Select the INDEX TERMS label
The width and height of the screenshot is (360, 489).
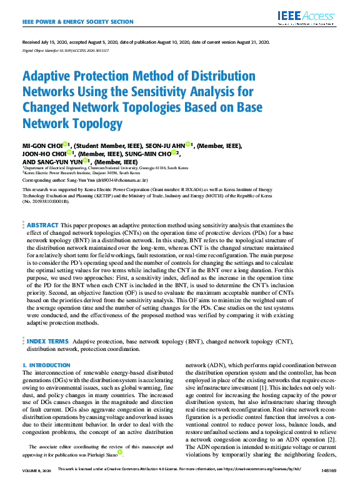pyautogui.click(x=47, y=342)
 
